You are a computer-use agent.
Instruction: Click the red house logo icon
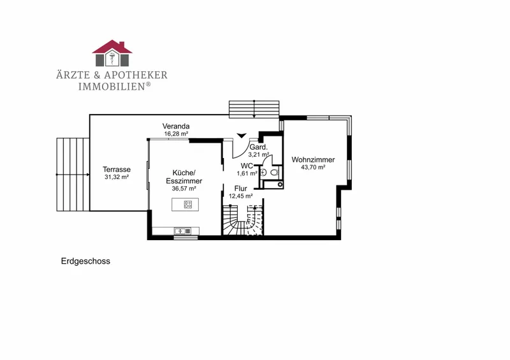point(112,53)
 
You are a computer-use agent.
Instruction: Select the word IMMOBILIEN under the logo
point(112,87)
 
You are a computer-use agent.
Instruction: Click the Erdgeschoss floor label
point(85,261)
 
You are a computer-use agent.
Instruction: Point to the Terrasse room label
point(117,169)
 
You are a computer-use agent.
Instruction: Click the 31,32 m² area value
point(117,177)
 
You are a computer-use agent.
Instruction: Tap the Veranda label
point(176,126)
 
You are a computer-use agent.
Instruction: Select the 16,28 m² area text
point(176,134)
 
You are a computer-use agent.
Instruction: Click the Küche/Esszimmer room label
point(184,176)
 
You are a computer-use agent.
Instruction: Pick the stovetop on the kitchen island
point(188,205)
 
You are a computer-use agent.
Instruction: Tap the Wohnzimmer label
point(313,160)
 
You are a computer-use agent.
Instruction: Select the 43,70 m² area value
point(313,167)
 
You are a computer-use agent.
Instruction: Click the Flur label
point(241,189)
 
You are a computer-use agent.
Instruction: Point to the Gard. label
point(259,147)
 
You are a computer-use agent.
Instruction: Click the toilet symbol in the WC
point(274,173)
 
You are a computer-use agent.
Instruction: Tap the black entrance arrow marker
point(242,136)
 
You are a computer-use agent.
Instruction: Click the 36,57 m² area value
point(184,189)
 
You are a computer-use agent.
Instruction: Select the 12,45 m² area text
point(241,196)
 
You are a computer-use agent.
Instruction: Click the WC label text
point(247,166)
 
